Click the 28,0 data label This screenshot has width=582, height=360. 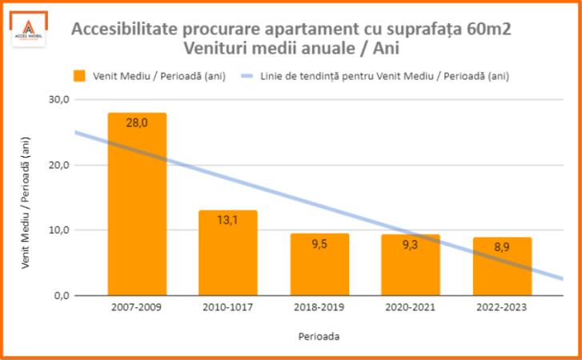click(137, 122)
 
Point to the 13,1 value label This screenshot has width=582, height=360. click(228, 220)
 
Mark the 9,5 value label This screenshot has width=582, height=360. click(319, 244)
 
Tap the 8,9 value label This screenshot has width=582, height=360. click(502, 247)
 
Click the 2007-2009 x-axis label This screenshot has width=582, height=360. click(137, 308)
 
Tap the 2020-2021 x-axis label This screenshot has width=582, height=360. click(411, 308)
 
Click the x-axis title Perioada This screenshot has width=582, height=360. click(319, 337)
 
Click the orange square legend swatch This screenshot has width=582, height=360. click(79, 76)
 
